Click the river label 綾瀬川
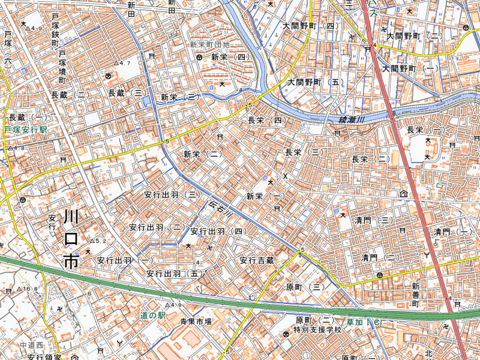(352, 120)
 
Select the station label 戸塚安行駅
(25, 130)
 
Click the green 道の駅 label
(152, 315)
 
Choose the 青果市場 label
(196, 322)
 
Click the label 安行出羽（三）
(172, 195)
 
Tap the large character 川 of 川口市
(71, 217)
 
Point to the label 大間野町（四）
(310, 26)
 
